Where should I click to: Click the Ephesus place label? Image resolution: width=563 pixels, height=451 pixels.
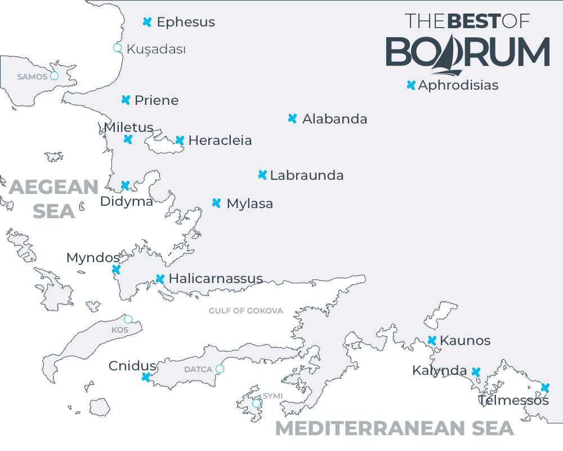(x=186, y=23)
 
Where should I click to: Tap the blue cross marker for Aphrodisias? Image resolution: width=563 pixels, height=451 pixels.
(x=411, y=85)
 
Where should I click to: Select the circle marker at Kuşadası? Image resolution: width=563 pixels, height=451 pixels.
(x=118, y=47)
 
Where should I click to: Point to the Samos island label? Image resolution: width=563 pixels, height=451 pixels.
(x=32, y=77)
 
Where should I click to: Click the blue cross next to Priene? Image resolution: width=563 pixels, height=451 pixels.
(x=126, y=100)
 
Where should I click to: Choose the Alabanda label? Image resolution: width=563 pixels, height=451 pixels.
(x=334, y=119)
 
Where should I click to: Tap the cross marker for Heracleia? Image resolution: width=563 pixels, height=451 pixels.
(x=180, y=140)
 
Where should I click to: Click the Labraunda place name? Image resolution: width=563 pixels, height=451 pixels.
(x=307, y=175)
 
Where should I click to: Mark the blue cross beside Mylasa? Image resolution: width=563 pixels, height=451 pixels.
(x=217, y=203)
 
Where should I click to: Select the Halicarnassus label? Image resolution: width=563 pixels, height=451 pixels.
(x=216, y=278)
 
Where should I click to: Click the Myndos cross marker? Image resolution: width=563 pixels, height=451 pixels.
(x=116, y=269)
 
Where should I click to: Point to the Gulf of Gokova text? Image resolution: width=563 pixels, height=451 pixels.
(x=246, y=311)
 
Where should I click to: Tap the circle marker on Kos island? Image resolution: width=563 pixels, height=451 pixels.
(x=128, y=320)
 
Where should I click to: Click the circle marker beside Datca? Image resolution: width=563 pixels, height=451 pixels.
(x=220, y=369)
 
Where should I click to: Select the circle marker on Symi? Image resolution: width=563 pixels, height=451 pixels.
(x=257, y=403)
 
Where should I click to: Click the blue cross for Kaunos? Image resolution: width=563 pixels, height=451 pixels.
(x=432, y=341)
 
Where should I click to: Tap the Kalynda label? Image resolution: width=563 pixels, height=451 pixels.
(x=439, y=370)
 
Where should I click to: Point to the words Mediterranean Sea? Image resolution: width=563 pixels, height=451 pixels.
(x=394, y=428)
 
